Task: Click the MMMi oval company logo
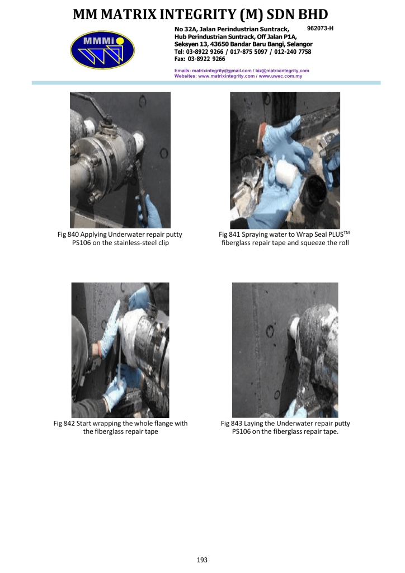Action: click(102, 50)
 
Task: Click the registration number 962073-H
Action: click(321, 29)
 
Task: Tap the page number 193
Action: click(202, 560)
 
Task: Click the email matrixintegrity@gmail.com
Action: click(222, 71)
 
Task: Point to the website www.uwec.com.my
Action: click(280, 76)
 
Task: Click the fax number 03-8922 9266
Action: click(206, 59)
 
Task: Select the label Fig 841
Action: click(229, 234)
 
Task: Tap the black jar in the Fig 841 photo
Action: click(313, 192)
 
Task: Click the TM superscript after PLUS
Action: click(347, 232)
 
